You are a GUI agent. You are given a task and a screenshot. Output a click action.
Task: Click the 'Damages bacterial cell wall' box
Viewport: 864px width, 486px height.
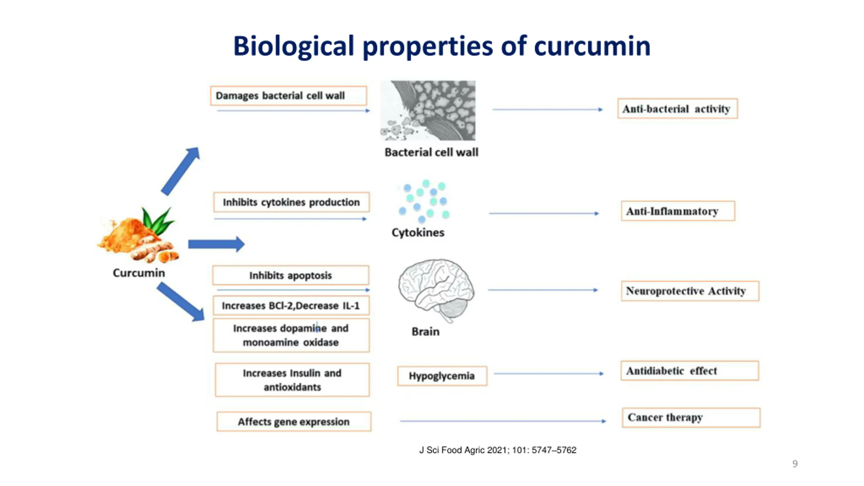[x=288, y=96]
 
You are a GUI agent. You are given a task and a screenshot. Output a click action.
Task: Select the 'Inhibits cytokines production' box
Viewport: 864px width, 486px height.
[x=291, y=202]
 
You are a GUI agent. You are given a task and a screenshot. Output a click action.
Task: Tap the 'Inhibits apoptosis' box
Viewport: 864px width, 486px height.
[x=291, y=275]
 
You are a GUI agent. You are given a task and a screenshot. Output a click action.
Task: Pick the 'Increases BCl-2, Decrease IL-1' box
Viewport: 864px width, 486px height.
[x=291, y=305]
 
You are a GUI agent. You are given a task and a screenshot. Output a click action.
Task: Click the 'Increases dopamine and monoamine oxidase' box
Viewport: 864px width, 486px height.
[x=291, y=335]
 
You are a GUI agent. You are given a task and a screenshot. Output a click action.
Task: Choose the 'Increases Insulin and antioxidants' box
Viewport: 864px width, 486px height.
[x=292, y=380]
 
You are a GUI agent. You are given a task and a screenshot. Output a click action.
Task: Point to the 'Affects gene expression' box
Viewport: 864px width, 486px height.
[x=294, y=422]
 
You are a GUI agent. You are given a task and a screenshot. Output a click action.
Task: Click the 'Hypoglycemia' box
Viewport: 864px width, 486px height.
[x=442, y=376]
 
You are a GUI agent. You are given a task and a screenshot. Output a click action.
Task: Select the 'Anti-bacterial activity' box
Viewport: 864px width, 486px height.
[x=677, y=109]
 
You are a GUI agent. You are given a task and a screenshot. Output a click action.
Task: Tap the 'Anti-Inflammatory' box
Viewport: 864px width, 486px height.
[x=678, y=211]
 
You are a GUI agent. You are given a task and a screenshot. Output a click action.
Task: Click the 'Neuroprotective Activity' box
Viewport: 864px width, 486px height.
[x=690, y=291]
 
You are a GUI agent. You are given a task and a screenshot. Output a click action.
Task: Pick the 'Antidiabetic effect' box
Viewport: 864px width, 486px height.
[x=689, y=371]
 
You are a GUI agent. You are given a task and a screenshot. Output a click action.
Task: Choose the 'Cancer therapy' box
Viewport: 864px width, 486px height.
[x=691, y=417]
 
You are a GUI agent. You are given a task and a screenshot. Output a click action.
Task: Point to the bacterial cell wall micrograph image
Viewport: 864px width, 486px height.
[x=428, y=110]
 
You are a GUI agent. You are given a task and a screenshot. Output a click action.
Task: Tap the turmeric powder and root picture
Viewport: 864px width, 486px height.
[x=138, y=236]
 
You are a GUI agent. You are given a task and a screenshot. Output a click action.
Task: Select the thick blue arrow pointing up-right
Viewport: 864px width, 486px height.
[x=181, y=171]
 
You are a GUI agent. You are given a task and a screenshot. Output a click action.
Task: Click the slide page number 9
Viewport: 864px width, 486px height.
[x=795, y=464]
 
